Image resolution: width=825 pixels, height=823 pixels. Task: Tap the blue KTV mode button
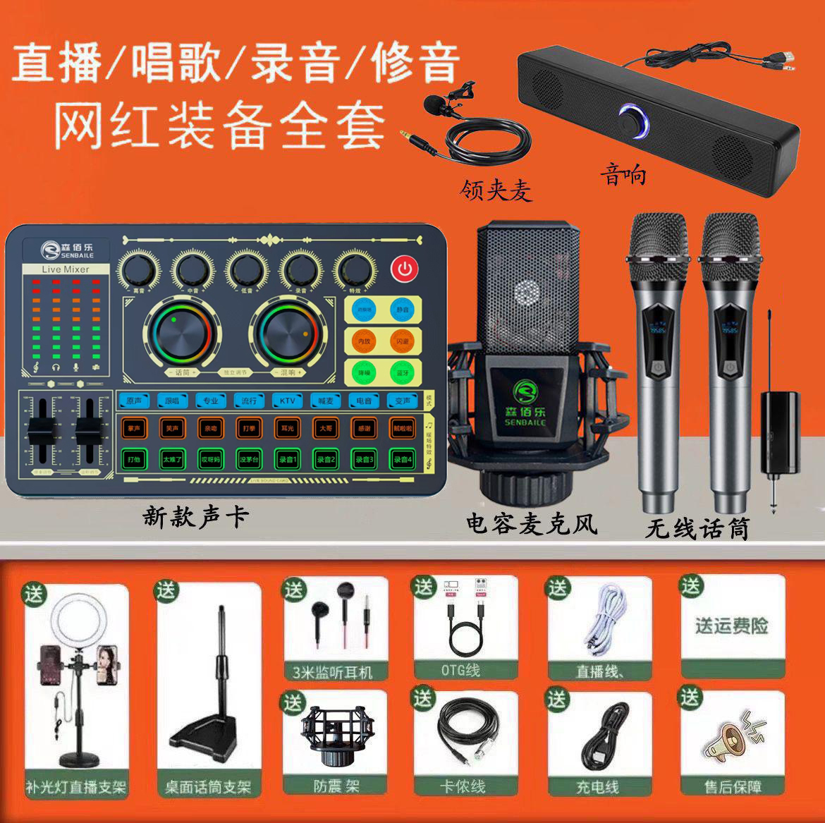(x=287, y=401)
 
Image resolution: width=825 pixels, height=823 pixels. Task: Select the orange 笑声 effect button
(x=171, y=427)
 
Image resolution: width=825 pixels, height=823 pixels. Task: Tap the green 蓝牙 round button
(x=402, y=371)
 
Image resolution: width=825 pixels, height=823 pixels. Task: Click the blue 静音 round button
(x=402, y=309)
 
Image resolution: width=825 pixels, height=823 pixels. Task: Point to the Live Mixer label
(x=66, y=269)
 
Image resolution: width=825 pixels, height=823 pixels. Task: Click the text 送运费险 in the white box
(x=731, y=625)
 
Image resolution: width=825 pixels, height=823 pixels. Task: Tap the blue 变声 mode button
(x=402, y=401)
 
